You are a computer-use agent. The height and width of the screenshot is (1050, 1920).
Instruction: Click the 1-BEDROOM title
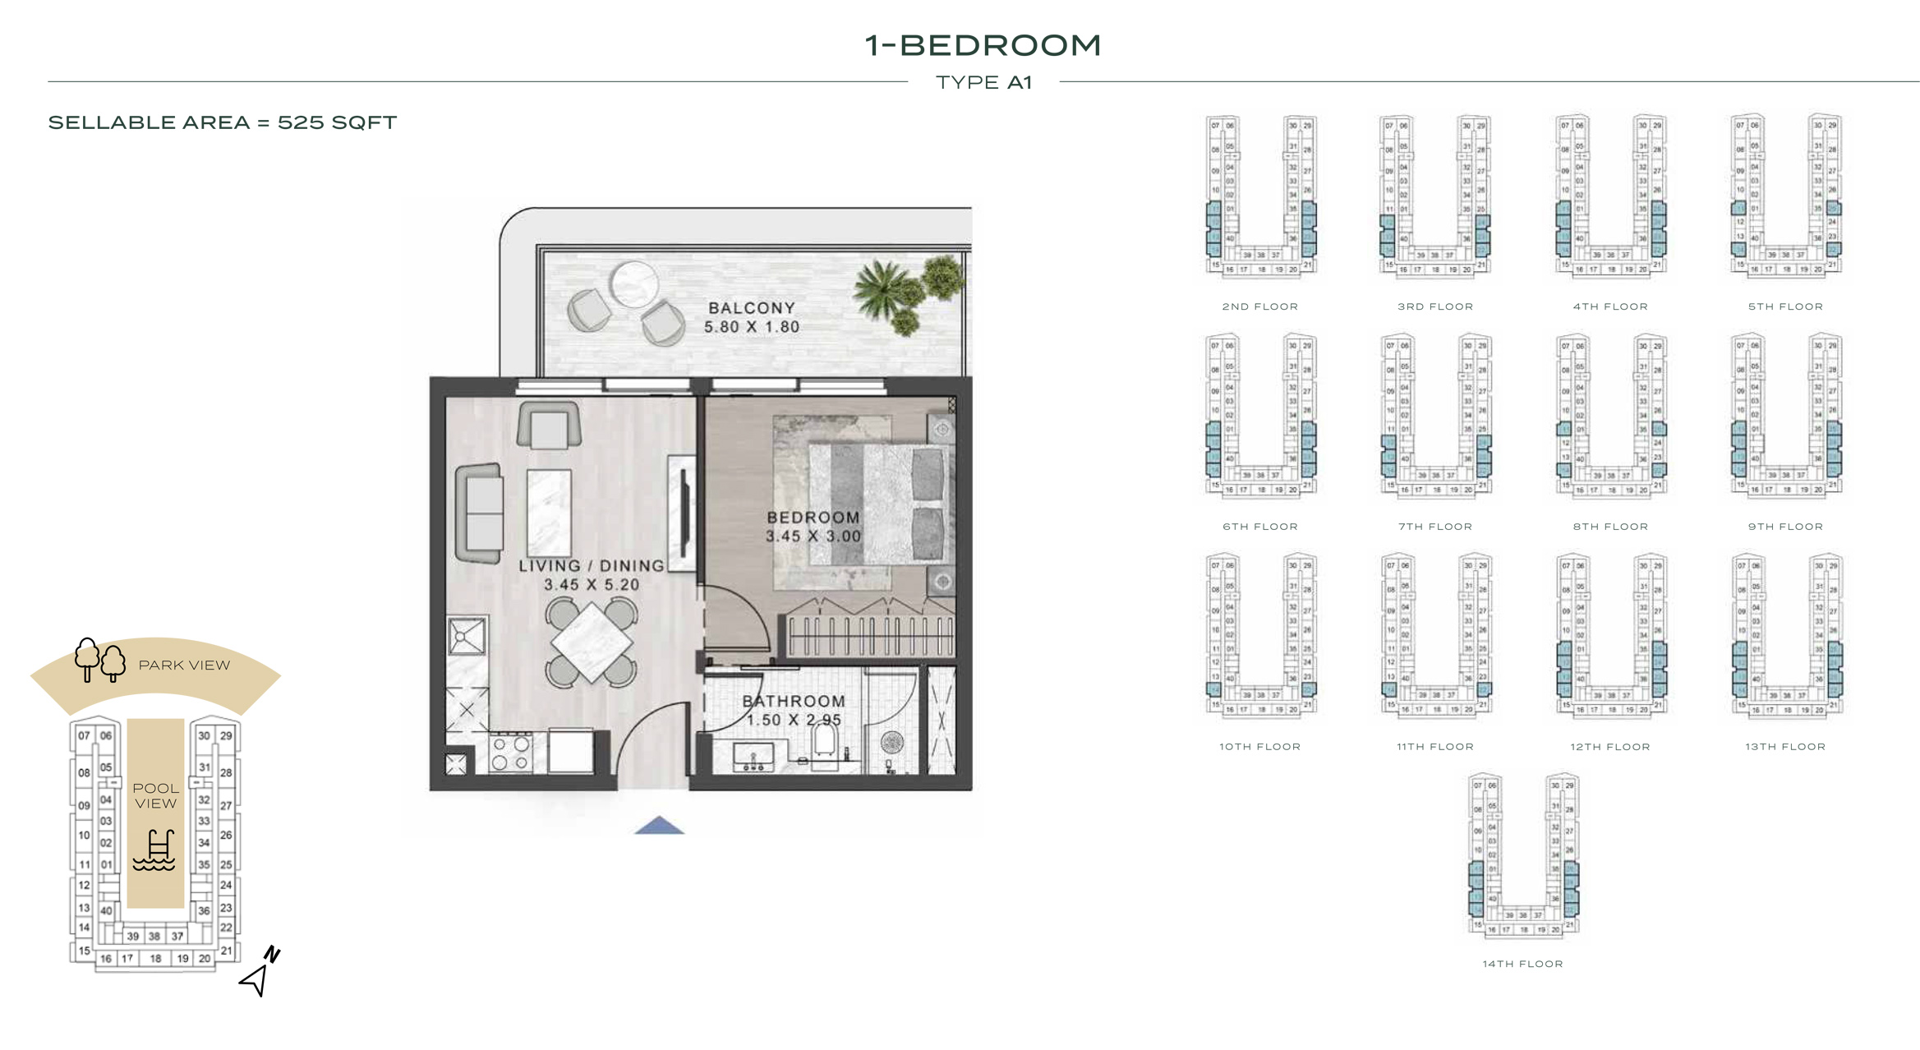982,45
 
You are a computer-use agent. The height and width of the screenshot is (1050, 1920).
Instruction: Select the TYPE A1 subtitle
983,82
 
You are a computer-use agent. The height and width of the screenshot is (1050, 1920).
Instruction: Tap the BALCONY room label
751,308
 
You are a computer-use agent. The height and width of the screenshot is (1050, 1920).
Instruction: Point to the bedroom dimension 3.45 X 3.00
813,537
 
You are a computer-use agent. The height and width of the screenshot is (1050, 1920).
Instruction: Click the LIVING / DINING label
591,566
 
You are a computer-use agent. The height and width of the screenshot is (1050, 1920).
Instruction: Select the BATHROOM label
793,701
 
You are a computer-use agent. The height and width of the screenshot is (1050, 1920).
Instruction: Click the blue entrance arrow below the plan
659,825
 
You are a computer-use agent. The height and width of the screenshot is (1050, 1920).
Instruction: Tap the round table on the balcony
633,283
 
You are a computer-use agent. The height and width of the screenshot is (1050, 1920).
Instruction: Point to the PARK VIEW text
184,665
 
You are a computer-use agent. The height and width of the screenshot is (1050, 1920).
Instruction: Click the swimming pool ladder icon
155,850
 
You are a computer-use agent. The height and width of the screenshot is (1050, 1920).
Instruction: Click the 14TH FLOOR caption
1522,964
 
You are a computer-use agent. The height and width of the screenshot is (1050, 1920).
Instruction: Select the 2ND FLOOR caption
1259,306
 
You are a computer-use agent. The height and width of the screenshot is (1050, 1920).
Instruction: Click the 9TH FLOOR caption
1784,527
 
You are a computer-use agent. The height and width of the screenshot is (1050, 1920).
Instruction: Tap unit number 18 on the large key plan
155,958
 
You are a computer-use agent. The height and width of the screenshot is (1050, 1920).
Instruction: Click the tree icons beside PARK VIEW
99,660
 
